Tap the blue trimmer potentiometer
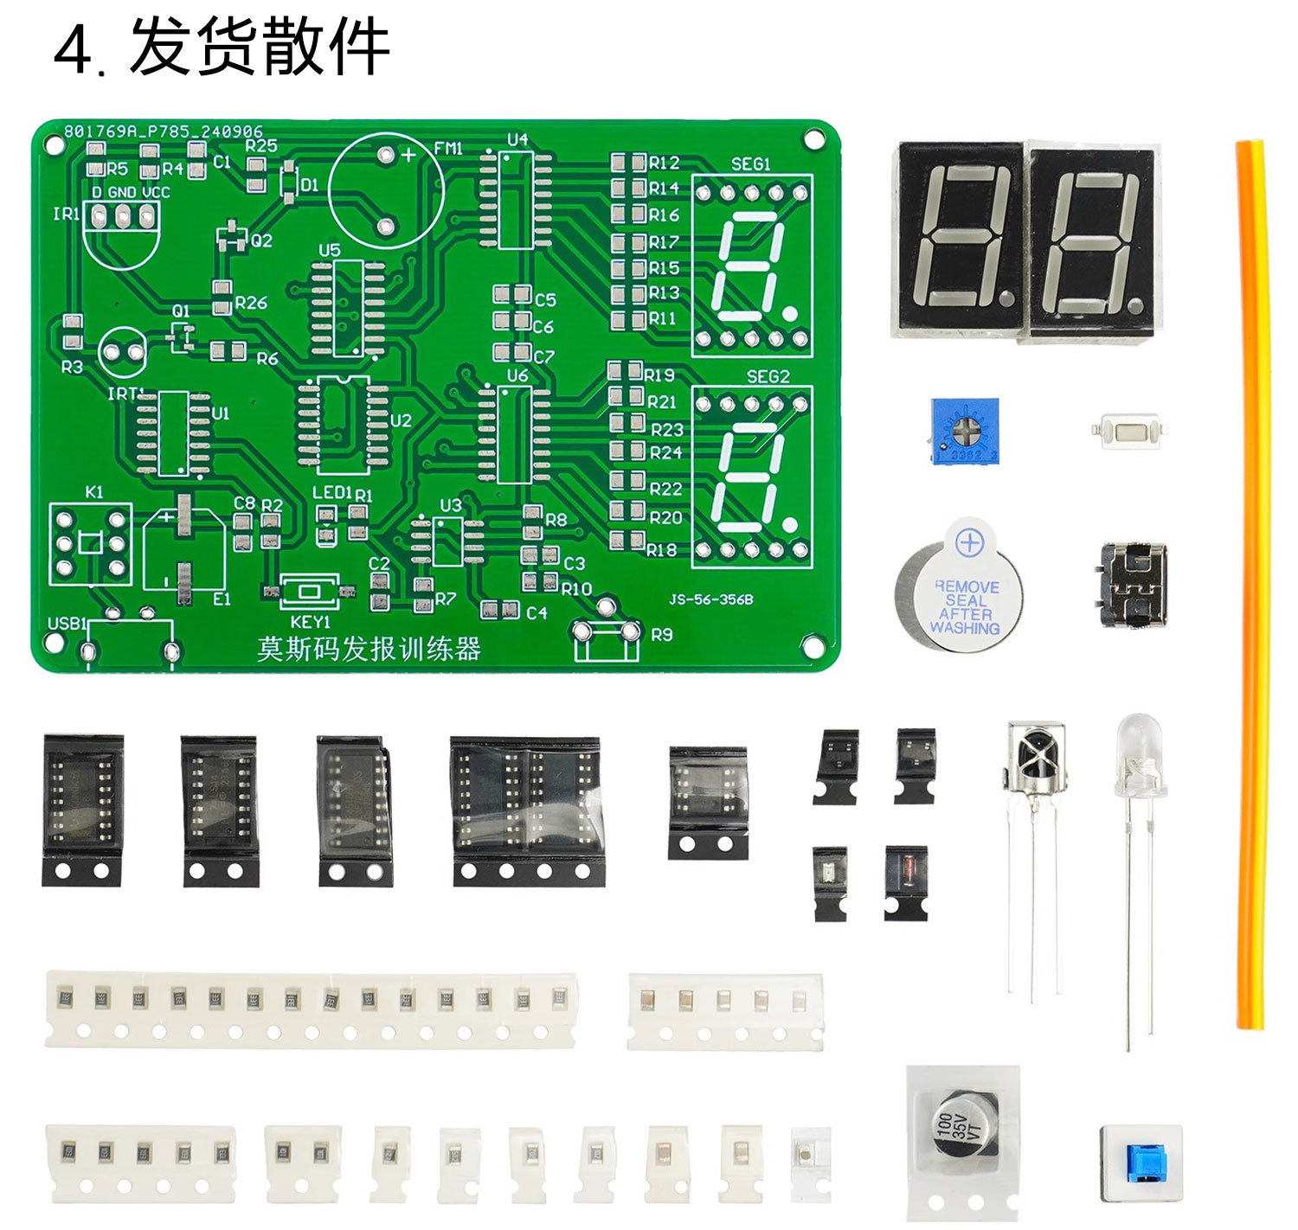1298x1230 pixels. pyautogui.click(x=964, y=431)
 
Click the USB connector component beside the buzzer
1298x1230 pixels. pyautogui.click(x=1133, y=584)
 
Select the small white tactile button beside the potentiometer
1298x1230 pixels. pyautogui.click(x=1131, y=429)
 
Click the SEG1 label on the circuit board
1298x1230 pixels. pyautogui.click(x=750, y=163)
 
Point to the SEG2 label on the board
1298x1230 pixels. pyautogui.click(x=768, y=376)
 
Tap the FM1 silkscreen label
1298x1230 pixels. pyautogui.click(x=448, y=149)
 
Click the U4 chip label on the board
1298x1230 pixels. pyautogui.click(x=517, y=139)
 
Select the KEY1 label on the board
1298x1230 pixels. pyautogui.click(x=311, y=622)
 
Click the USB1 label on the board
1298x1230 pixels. pyautogui.click(x=67, y=624)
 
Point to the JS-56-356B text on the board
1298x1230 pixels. pyautogui.click(x=710, y=599)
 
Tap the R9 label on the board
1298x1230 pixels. pyautogui.click(x=661, y=635)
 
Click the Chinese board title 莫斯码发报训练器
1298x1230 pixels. pyautogui.click(x=369, y=649)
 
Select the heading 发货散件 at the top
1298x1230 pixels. pyautogui.click(x=260, y=48)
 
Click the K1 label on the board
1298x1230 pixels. pyautogui.click(x=94, y=492)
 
